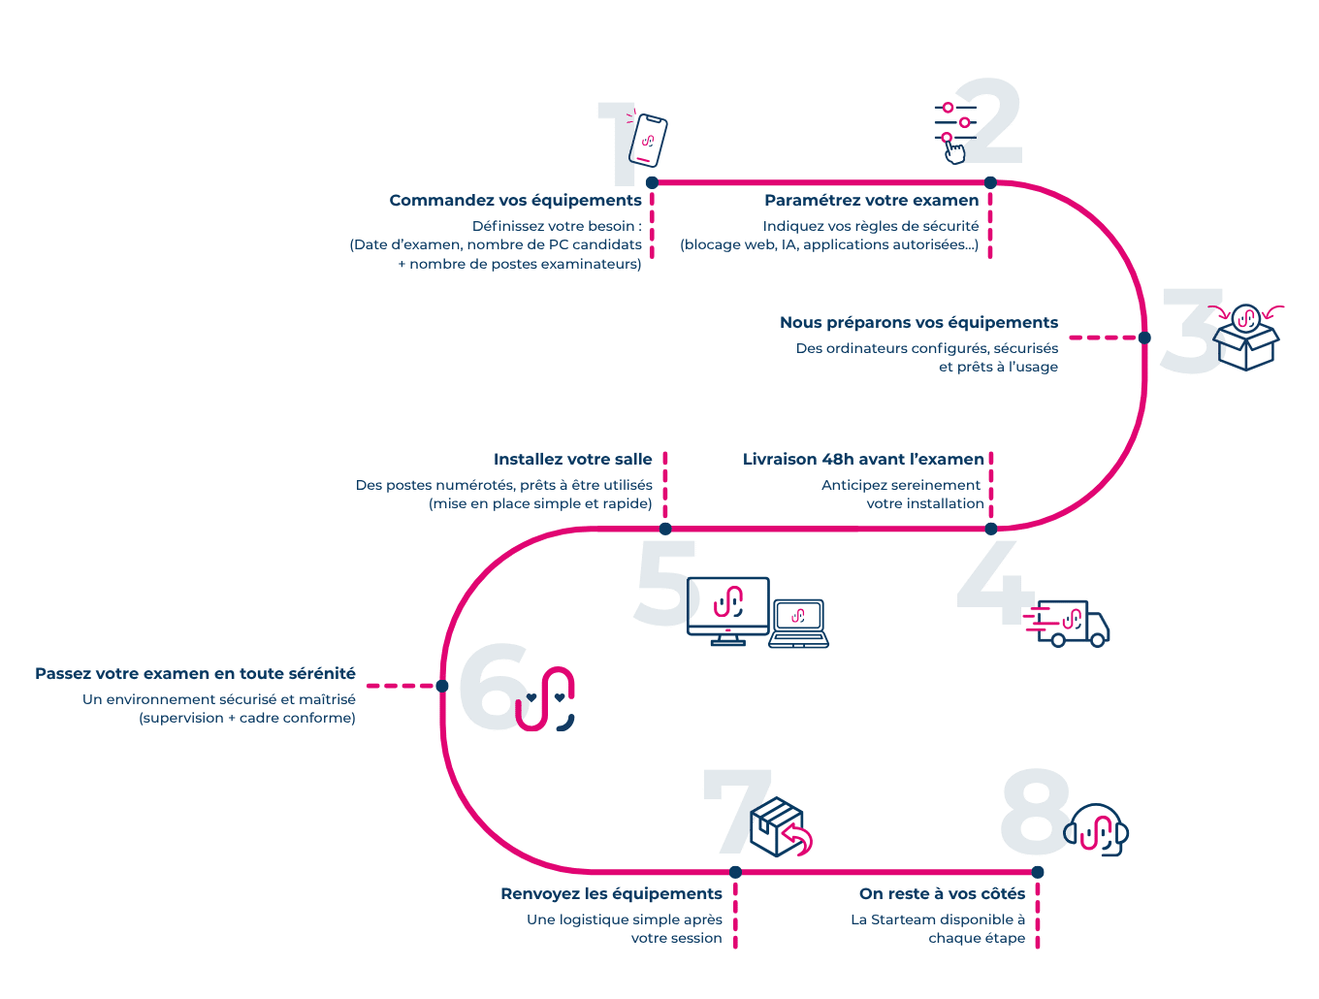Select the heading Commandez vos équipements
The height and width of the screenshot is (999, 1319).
pyautogui.click(x=515, y=201)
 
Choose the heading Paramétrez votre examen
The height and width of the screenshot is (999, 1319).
pyautogui.click(x=871, y=201)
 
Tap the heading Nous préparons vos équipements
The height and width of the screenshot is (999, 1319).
pyautogui.click(x=918, y=323)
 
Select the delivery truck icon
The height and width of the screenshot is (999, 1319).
pyautogui.click(x=1072, y=624)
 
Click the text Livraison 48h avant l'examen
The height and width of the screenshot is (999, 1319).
pyautogui.click(x=863, y=460)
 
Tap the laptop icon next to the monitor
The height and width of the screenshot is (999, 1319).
pyautogui.click(x=798, y=624)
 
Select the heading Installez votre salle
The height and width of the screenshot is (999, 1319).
pyautogui.click(x=572, y=460)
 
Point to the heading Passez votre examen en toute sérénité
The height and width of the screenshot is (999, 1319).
pyautogui.click(x=195, y=674)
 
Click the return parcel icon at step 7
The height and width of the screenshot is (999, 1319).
pyautogui.click(x=781, y=827)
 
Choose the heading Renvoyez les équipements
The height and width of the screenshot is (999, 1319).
pyautogui.click(x=611, y=894)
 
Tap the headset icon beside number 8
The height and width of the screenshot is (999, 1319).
pyautogui.click(x=1098, y=830)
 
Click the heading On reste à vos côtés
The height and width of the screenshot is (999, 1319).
pyautogui.click(x=941, y=894)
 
